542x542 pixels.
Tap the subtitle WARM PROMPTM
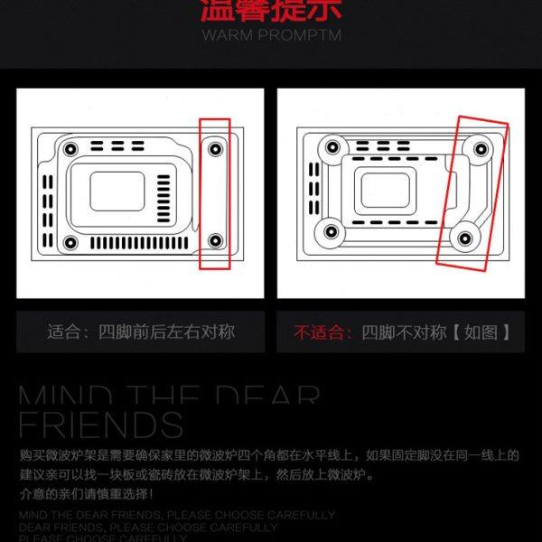pos(271,36)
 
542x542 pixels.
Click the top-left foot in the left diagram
pos(69,146)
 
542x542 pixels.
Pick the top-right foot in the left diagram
pos(215,146)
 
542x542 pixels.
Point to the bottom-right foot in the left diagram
pos(215,240)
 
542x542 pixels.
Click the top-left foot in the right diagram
pos(332,147)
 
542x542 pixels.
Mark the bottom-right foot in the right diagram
pos(464,238)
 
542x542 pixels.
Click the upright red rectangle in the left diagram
pos(215,192)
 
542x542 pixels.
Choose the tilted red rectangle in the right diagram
pos(471,191)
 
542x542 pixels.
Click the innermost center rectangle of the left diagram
pos(117,192)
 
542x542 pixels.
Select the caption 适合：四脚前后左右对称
pos(141,332)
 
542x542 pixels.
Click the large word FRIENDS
pos(101,425)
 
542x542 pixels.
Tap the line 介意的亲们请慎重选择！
pos(87,494)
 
